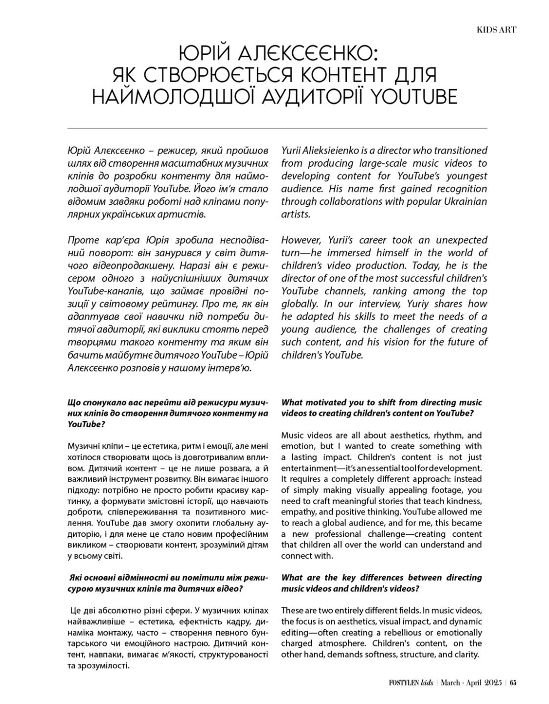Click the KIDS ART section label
click(496, 30)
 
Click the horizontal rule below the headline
click(277, 128)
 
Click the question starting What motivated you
click(381, 407)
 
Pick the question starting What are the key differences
click(381, 583)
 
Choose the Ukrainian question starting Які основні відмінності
click(168, 583)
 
